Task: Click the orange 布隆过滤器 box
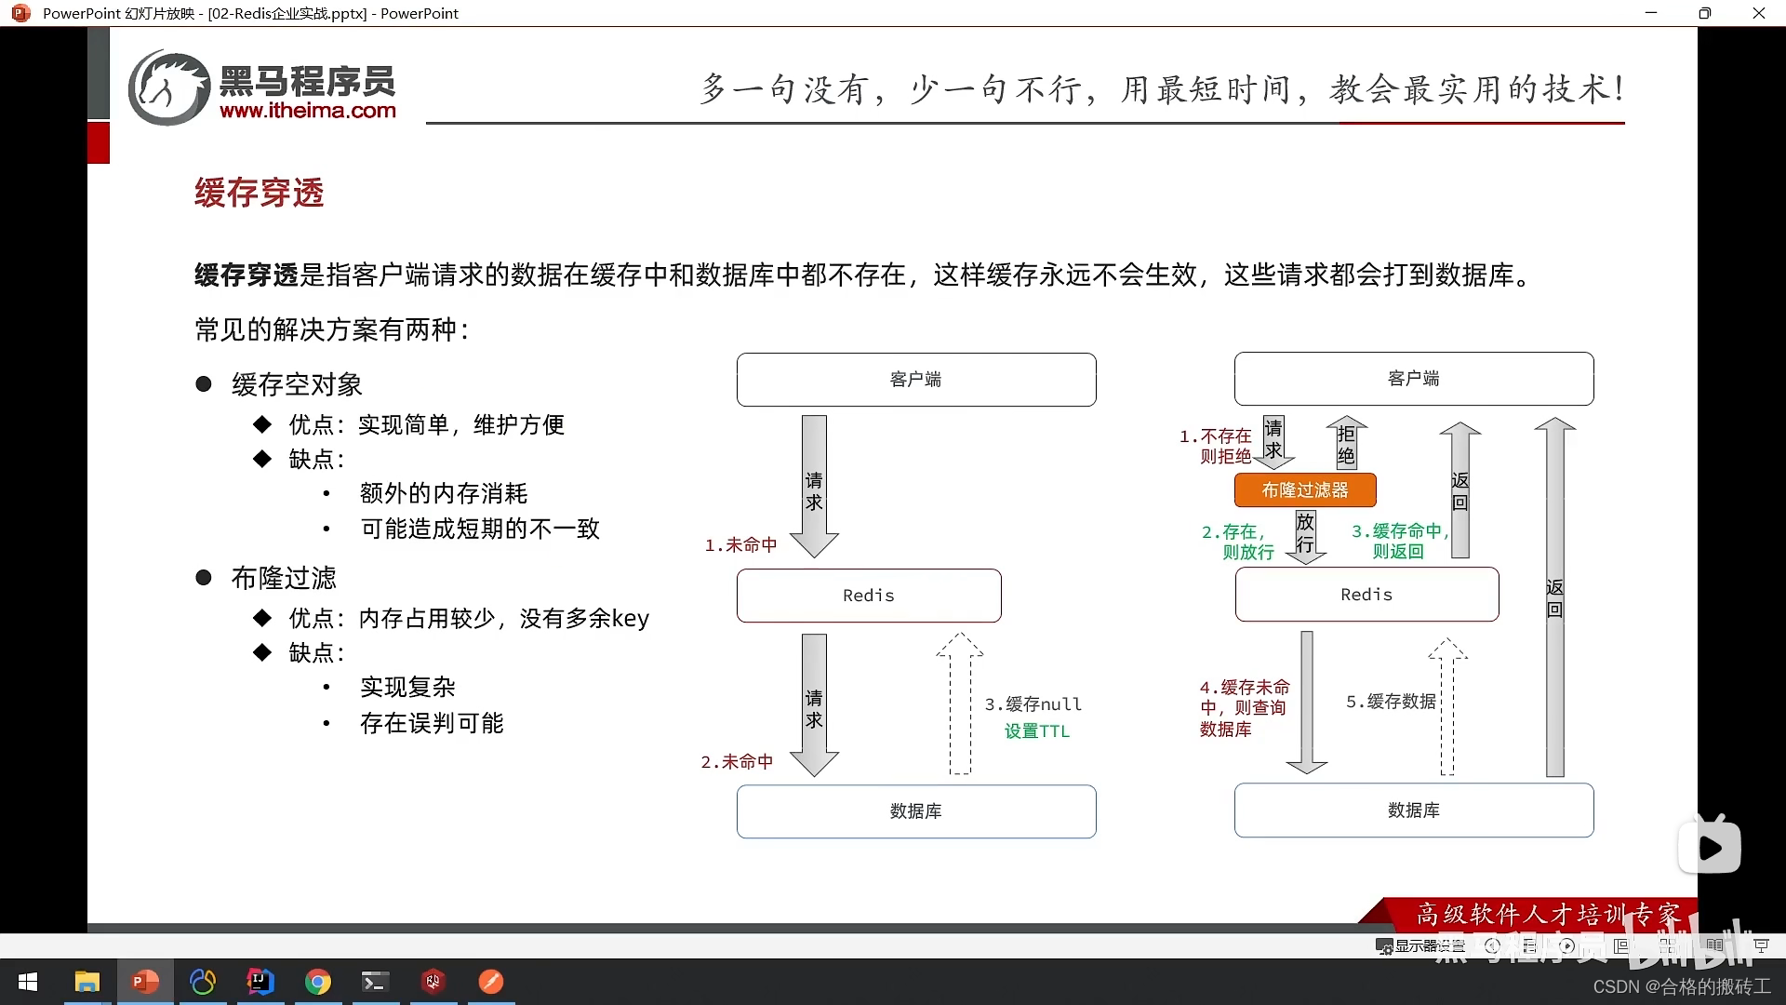click(x=1305, y=489)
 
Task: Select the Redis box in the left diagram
click(x=869, y=596)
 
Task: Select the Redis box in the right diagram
click(x=1366, y=595)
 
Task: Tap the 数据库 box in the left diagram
click(x=916, y=811)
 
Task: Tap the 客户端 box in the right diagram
click(x=1413, y=379)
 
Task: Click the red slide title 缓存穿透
click(x=260, y=193)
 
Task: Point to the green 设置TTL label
click(x=1037, y=731)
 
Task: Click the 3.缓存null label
click(x=1033, y=704)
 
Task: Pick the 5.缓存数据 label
click(x=1392, y=702)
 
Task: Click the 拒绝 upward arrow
click(x=1346, y=443)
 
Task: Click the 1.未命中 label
click(x=740, y=545)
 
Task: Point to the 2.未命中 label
click(x=737, y=762)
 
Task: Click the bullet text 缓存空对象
click(x=297, y=384)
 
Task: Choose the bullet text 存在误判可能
click(x=432, y=723)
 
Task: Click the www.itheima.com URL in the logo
click(x=308, y=111)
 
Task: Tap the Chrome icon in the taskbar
click(x=318, y=982)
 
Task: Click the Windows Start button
click(x=28, y=982)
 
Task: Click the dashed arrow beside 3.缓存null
click(x=960, y=704)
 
